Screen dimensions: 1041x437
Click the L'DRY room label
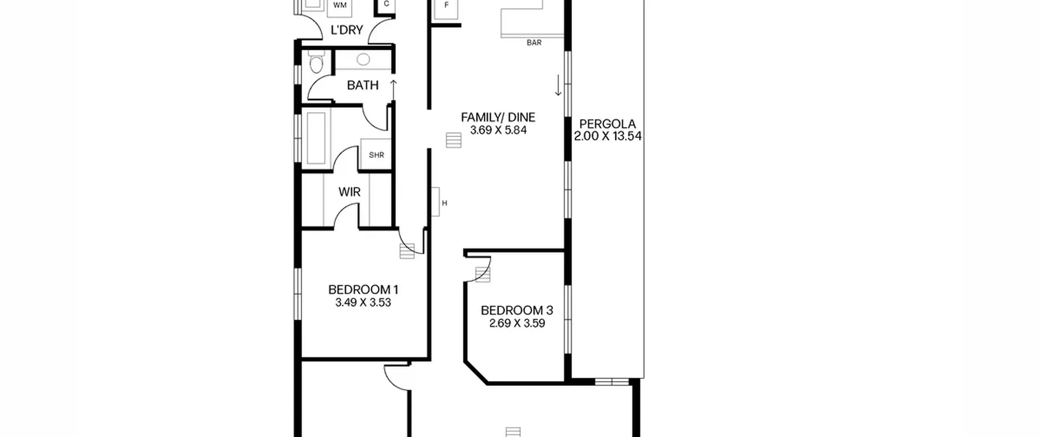click(346, 30)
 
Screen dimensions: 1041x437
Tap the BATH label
click(363, 85)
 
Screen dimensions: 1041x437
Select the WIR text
click(349, 192)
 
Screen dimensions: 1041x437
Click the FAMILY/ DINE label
click(498, 117)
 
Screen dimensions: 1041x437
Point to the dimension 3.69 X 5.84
click(498, 130)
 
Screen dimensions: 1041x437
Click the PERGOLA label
click(608, 124)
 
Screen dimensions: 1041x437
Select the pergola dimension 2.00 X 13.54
click(608, 136)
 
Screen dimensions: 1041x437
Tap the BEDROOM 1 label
click(363, 290)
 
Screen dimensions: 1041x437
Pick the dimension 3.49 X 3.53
click(363, 303)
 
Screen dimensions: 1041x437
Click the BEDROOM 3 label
click(517, 311)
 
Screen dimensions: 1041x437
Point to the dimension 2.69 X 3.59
click(517, 324)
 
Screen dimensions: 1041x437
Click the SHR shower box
click(376, 154)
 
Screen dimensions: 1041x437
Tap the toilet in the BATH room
click(316, 62)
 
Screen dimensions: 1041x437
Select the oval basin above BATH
click(363, 60)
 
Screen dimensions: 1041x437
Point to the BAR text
click(534, 43)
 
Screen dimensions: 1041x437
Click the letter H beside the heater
click(444, 203)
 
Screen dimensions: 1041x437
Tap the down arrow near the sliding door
click(558, 85)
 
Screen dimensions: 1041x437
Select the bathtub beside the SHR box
click(316, 138)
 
